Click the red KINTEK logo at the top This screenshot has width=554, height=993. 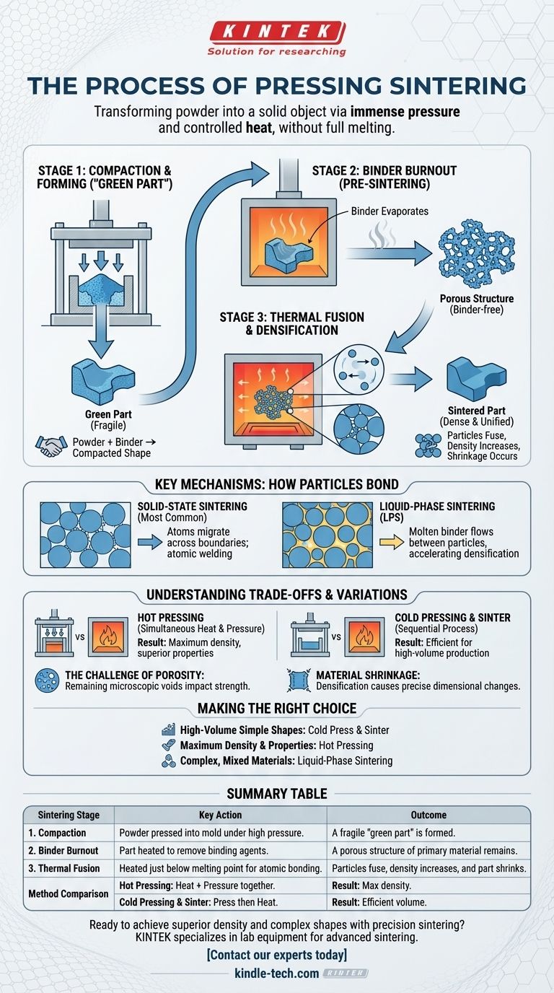pyautogui.click(x=278, y=31)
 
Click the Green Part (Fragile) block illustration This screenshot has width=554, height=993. pyautogui.click(x=100, y=381)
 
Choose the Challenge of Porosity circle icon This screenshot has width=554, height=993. pyautogui.click(x=48, y=678)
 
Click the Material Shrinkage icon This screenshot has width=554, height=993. pyautogui.click(x=297, y=678)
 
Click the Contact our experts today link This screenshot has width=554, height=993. pyautogui.click(x=276, y=955)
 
